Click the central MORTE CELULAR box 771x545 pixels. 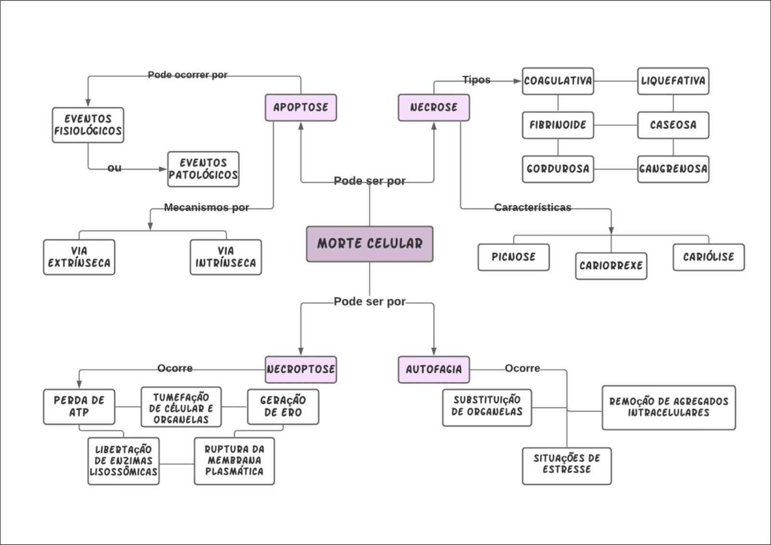click(370, 244)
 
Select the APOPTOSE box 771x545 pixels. click(301, 107)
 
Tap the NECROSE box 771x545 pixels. click(434, 107)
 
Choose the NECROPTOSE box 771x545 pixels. click(301, 369)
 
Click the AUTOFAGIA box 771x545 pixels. click(434, 369)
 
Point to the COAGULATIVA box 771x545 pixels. click(558, 81)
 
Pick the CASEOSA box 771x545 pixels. click(673, 125)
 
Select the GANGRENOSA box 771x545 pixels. click(673, 169)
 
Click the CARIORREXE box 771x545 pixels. click(611, 266)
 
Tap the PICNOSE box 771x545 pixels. click(514, 257)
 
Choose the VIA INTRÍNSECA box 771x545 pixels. click(226, 257)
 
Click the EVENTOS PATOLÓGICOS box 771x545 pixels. click(203, 169)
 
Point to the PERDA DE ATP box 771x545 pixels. click(79, 406)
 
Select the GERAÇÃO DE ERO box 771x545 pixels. click(283, 406)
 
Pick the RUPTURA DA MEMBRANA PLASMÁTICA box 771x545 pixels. click(234, 461)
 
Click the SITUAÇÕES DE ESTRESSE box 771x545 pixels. click(567, 464)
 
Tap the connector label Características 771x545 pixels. click(532, 208)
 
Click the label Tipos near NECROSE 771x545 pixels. click(476, 80)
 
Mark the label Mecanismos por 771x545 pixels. click(206, 208)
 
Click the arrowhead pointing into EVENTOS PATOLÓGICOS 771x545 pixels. click(163, 169)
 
